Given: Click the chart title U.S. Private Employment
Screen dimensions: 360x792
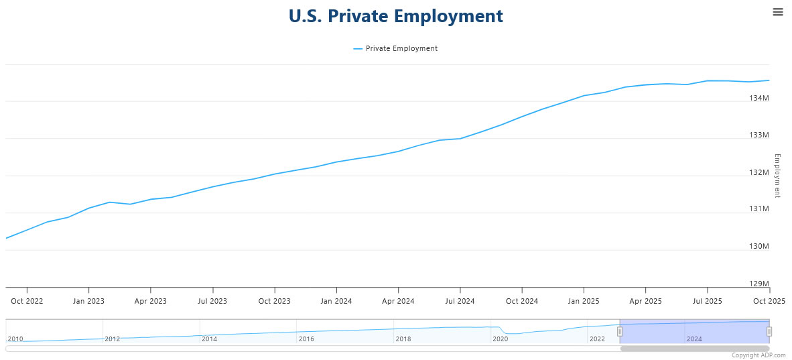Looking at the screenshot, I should pyautogui.click(x=395, y=16).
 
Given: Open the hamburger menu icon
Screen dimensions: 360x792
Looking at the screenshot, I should pyautogui.click(x=777, y=11).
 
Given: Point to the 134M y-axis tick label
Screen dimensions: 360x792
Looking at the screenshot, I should pyautogui.click(x=758, y=99).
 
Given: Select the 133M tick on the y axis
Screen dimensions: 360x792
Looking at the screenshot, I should pyautogui.click(x=758, y=135).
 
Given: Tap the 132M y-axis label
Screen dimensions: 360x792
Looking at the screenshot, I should pyautogui.click(x=758, y=172).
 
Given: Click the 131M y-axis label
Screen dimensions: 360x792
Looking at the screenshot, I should pyautogui.click(x=758, y=209).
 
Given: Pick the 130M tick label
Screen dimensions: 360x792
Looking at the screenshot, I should pyautogui.click(x=758, y=247).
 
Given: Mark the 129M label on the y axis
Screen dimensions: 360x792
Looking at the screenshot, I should pyautogui.click(x=758, y=284).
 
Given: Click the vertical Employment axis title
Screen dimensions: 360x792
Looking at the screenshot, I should pyautogui.click(x=777, y=176).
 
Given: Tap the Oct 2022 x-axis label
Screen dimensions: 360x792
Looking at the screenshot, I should pyautogui.click(x=27, y=301).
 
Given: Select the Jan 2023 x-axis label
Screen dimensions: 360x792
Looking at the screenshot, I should pyautogui.click(x=88, y=301).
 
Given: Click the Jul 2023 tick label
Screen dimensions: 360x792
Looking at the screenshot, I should pyautogui.click(x=212, y=301).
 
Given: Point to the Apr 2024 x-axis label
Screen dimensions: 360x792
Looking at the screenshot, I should pyautogui.click(x=398, y=301).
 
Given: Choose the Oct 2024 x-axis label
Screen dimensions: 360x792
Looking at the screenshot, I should pyautogui.click(x=521, y=301).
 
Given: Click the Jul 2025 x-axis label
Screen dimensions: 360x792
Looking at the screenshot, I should pyautogui.click(x=707, y=301).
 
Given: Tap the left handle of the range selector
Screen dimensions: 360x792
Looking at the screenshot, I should pyautogui.click(x=620, y=331).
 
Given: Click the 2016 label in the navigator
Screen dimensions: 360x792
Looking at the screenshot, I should pyautogui.click(x=306, y=339).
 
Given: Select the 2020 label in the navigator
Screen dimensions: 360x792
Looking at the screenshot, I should pyautogui.click(x=500, y=339).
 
